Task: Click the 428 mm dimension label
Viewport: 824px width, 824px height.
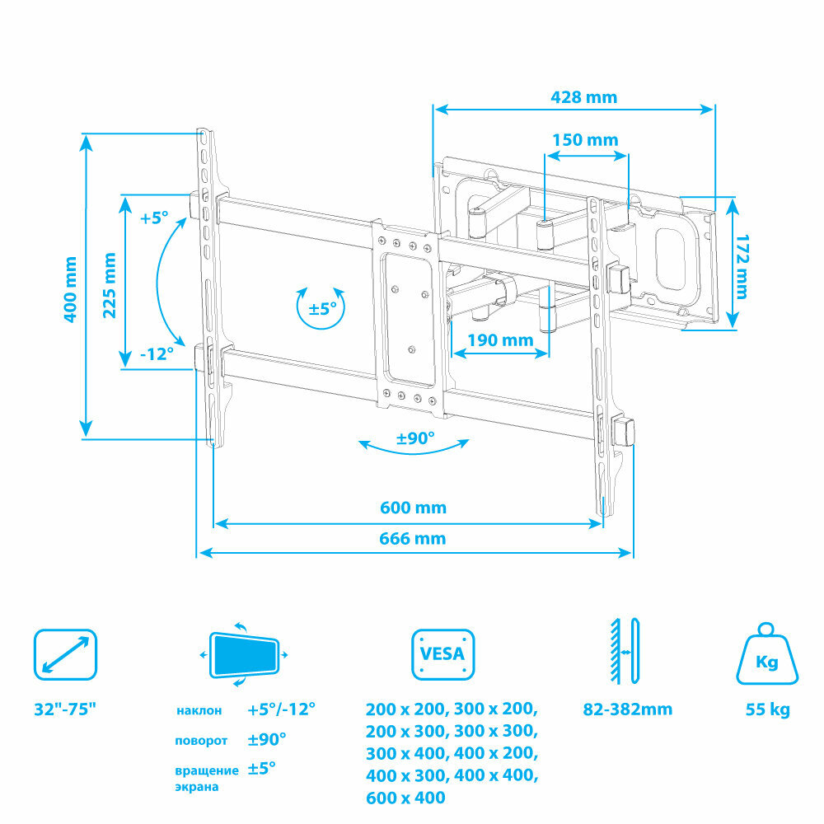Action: point(583,97)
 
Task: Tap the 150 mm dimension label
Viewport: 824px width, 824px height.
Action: point(585,140)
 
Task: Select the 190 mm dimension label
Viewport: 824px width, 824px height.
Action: point(500,339)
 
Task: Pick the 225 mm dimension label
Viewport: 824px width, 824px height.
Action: point(109,284)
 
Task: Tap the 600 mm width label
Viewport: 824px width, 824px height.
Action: point(413,508)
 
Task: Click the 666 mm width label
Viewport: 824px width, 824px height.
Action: point(413,539)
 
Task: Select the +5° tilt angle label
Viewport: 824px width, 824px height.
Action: point(153,218)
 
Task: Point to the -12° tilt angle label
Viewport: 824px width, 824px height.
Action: point(156,353)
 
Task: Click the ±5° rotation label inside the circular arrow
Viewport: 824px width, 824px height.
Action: point(321,309)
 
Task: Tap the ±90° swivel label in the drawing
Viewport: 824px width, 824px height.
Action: point(415,438)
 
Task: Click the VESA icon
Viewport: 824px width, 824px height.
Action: point(444,655)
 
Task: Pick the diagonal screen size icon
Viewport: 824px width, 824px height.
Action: point(65,655)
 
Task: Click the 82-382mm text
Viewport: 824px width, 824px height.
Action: point(628,709)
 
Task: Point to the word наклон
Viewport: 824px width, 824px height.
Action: point(199,710)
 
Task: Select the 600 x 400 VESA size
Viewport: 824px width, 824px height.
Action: point(405,798)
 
